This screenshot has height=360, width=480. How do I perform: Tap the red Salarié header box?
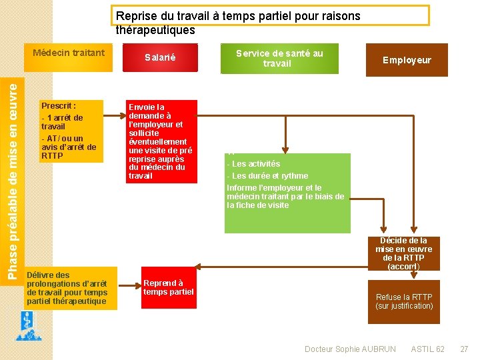click(x=160, y=58)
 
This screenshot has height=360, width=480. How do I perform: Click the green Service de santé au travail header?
click(x=279, y=59)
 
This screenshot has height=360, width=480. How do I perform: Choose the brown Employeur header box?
click(x=407, y=60)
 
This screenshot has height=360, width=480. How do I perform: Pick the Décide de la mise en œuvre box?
click(x=403, y=253)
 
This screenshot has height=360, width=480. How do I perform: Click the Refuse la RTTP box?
click(x=404, y=302)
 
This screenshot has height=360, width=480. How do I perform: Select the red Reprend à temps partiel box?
click(x=169, y=287)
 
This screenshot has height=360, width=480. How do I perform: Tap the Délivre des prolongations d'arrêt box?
click(x=70, y=288)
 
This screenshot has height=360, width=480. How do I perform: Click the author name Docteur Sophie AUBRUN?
click(x=350, y=349)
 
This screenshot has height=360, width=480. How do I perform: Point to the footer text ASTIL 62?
click(x=428, y=349)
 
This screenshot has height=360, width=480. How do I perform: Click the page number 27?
click(x=465, y=349)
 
